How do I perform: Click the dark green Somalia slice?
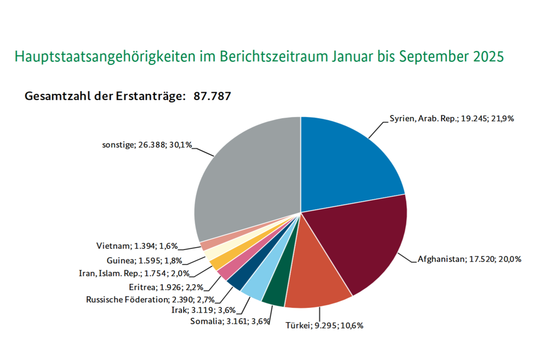coord(275,295)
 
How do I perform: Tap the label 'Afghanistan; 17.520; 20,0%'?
coord(469,259)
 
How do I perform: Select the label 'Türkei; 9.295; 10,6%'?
coord(324,325)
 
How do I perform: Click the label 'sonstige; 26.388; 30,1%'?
coord(146,144)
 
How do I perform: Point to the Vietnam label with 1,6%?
coord(137,246)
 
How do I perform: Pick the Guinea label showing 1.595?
coord(144,260)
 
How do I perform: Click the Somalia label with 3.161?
coord(229,321)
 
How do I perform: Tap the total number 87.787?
coord(213,96)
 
